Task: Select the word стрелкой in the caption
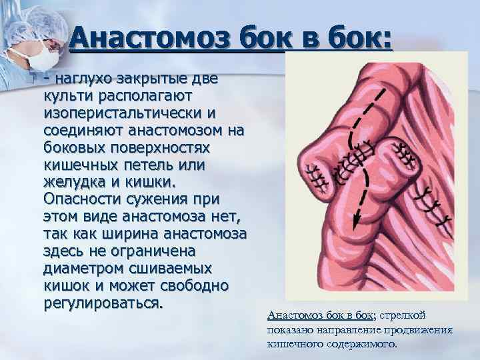point(407,315)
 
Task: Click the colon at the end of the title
point(387,39)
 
